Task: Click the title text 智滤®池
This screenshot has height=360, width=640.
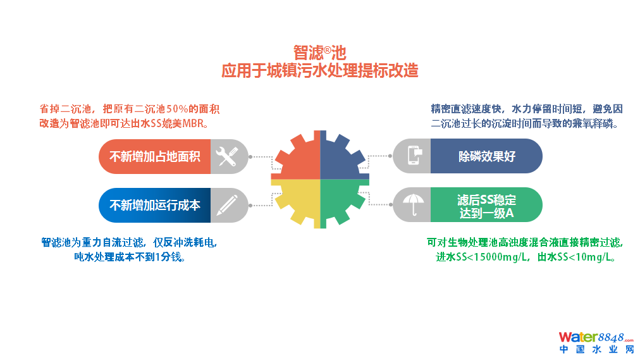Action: point(319,52)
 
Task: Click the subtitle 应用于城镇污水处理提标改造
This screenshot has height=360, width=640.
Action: point(319,70)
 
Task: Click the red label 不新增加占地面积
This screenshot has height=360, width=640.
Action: point(155,156)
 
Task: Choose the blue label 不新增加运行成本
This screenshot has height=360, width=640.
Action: point(155,205)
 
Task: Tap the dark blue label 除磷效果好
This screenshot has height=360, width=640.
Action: point(486,156)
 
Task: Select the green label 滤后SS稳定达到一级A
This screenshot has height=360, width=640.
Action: point(486,206)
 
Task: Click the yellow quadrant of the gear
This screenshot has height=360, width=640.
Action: point(297,202)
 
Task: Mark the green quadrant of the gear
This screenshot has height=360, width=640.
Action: point(342,202)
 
